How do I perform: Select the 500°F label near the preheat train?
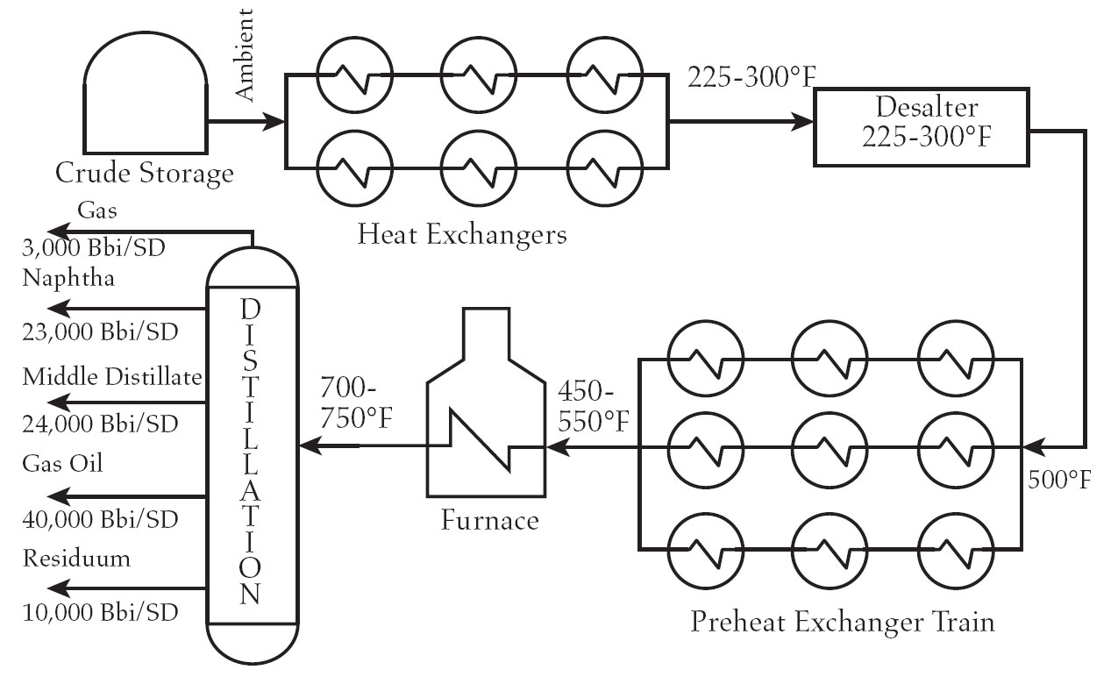pos(1060,480)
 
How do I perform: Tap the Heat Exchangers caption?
pos(462,234)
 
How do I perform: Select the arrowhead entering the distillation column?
pos(308,445)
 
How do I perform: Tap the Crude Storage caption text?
pos(145,173)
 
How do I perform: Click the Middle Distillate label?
pos(113,377)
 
